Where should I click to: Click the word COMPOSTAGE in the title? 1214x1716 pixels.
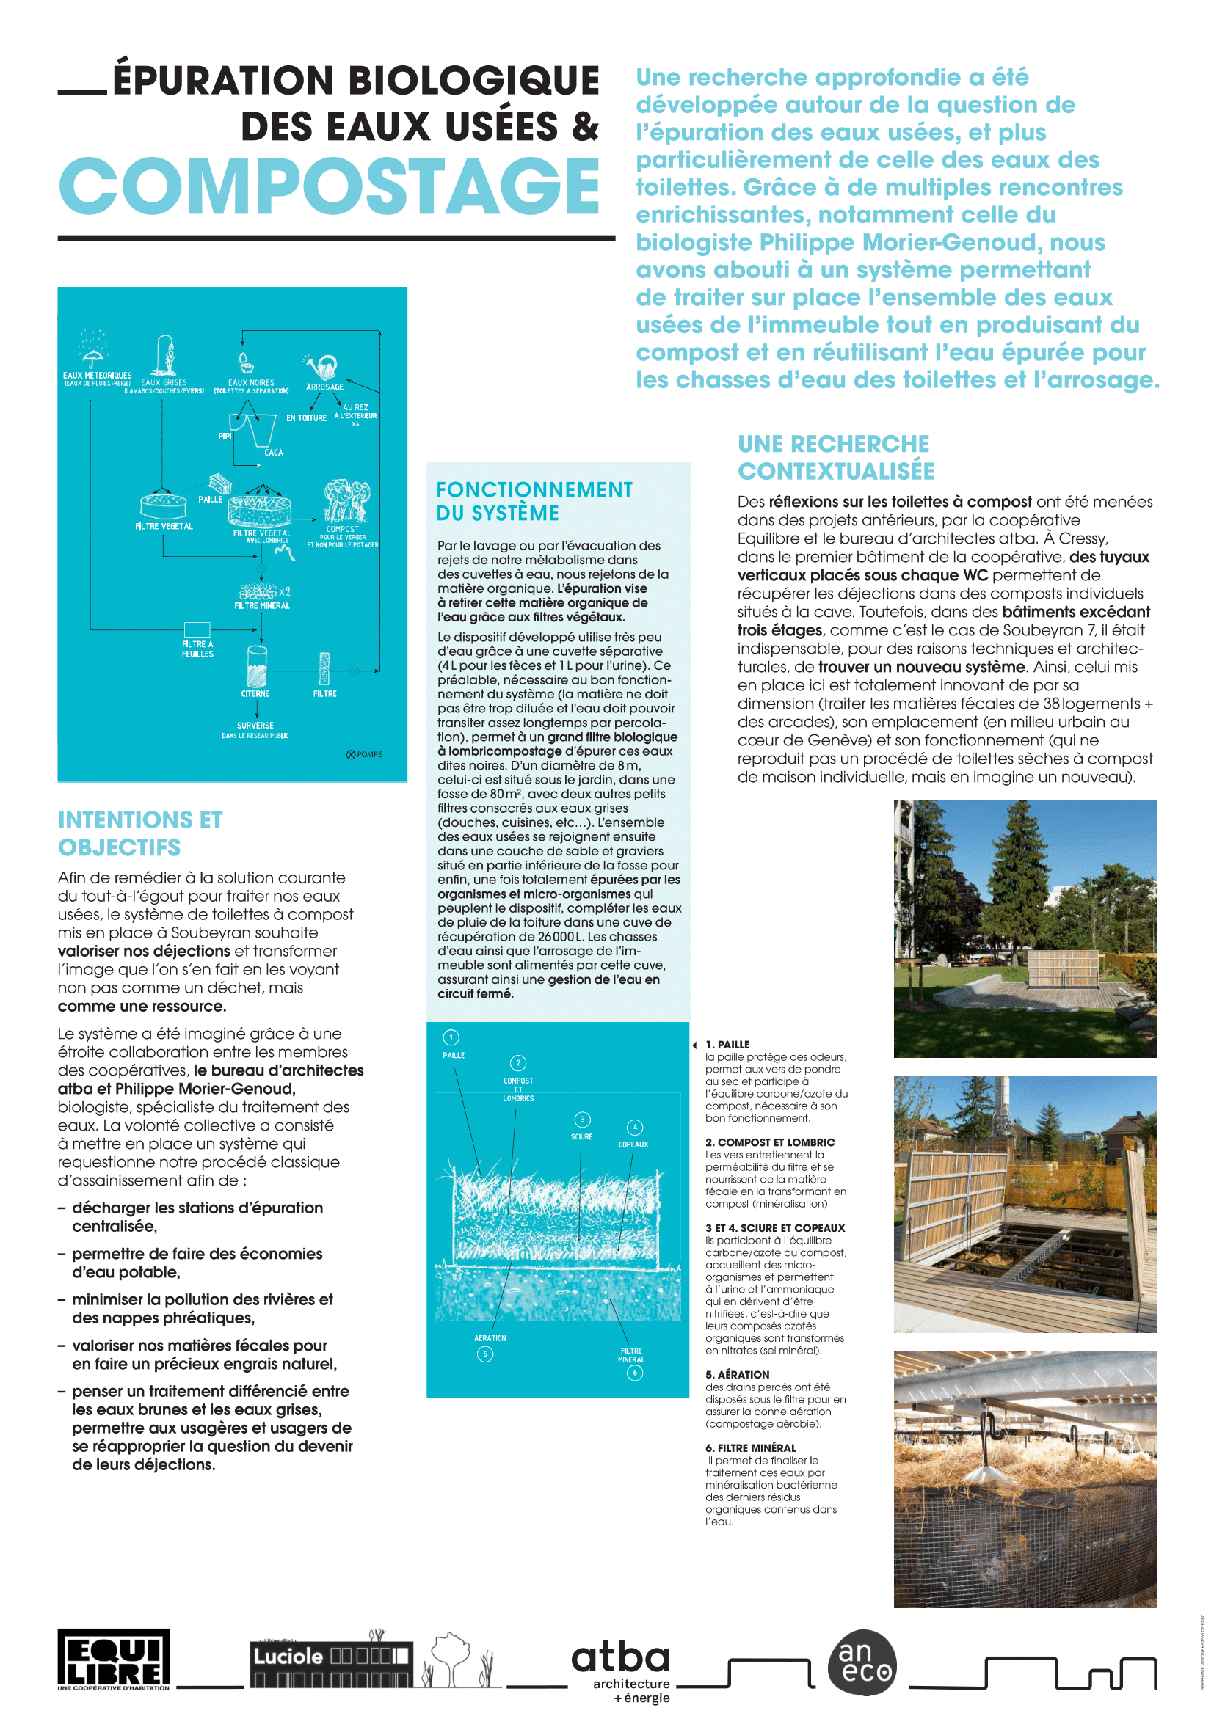click(x=329, y=187)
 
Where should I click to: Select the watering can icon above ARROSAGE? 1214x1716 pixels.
click(x=324, y=366)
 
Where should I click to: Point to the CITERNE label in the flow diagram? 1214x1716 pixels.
click(x=255, y=693)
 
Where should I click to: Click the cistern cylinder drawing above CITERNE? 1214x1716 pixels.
click(x=256, y=666)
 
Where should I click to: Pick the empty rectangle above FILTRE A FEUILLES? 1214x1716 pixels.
click(x=197, y=629)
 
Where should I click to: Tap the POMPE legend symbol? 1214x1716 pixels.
click(x=351, y=754)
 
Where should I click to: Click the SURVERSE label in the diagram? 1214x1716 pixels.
click(x=255, y=725)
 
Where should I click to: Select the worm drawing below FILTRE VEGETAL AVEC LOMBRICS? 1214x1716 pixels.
click(x=284, y=552)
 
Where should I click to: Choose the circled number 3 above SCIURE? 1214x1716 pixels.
click(x=582, y=1119)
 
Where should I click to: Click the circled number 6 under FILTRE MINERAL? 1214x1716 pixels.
click(x=635, y=1372)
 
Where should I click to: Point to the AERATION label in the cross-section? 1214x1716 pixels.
click(x=490, y=1338)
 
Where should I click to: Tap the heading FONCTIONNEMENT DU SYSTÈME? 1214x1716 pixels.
click(x=534, y=501)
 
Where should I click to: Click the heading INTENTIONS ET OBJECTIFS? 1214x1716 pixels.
click(x=139, y=833)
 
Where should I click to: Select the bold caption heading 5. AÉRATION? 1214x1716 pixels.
click(x=736, y=1374)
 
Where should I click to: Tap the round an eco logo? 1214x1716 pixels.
click(x=862, y=1662)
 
